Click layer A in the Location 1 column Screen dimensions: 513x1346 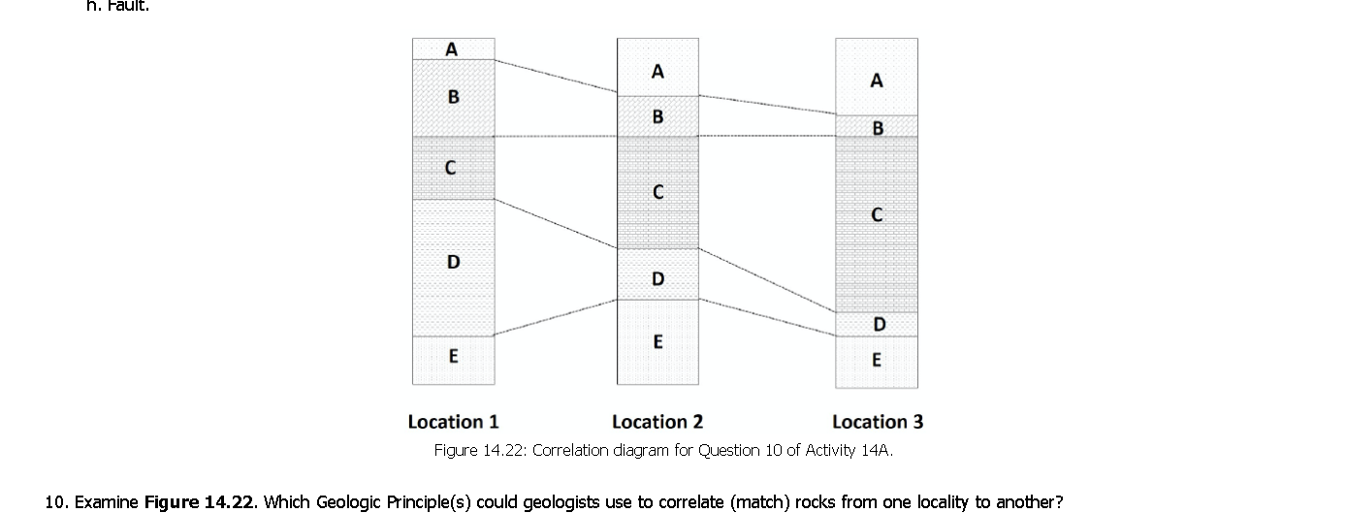pyautogui.click(x=453, y=48)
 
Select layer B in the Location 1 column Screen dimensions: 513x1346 pyautogui.click(x=453, y=97)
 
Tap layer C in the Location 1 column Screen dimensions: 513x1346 pyautogui.click(x=453, y=168)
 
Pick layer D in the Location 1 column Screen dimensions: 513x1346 pyautogui.click(x=453, y=263)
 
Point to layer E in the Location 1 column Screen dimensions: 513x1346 pyautogui.click(x=453, y=357)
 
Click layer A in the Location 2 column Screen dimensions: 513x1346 pyautogui.click(x=657, y=70)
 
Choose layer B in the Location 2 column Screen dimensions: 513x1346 pyautogui.click(x=657, y=116)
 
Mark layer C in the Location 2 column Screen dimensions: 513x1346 pyautogui.click(x=657, y=192)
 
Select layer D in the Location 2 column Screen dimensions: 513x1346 pyautogui.click(x=657, y=278)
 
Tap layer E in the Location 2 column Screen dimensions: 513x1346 pyautogui.click(x=657, y=341)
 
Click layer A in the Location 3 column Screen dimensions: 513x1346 pyautogui.click(x=877, y=80)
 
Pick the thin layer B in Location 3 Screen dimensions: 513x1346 pyautogui.click(x=877, y=127)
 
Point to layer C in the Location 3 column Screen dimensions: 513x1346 pyautogui.click(x=877, y=215)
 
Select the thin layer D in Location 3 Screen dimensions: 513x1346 pyautogui.click(x=877, y=324)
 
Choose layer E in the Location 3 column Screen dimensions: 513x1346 pyautogui.click(x=877, y=360)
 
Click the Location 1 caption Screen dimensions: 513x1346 pyautogui.click(x=453, y=422)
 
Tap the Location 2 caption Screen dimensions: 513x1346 pyautogui.click(x=657, y=422)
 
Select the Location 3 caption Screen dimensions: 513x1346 pyautogui.click(x=878, y=422)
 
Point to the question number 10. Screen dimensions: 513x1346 pyautogui.click(x=55, y=501)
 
